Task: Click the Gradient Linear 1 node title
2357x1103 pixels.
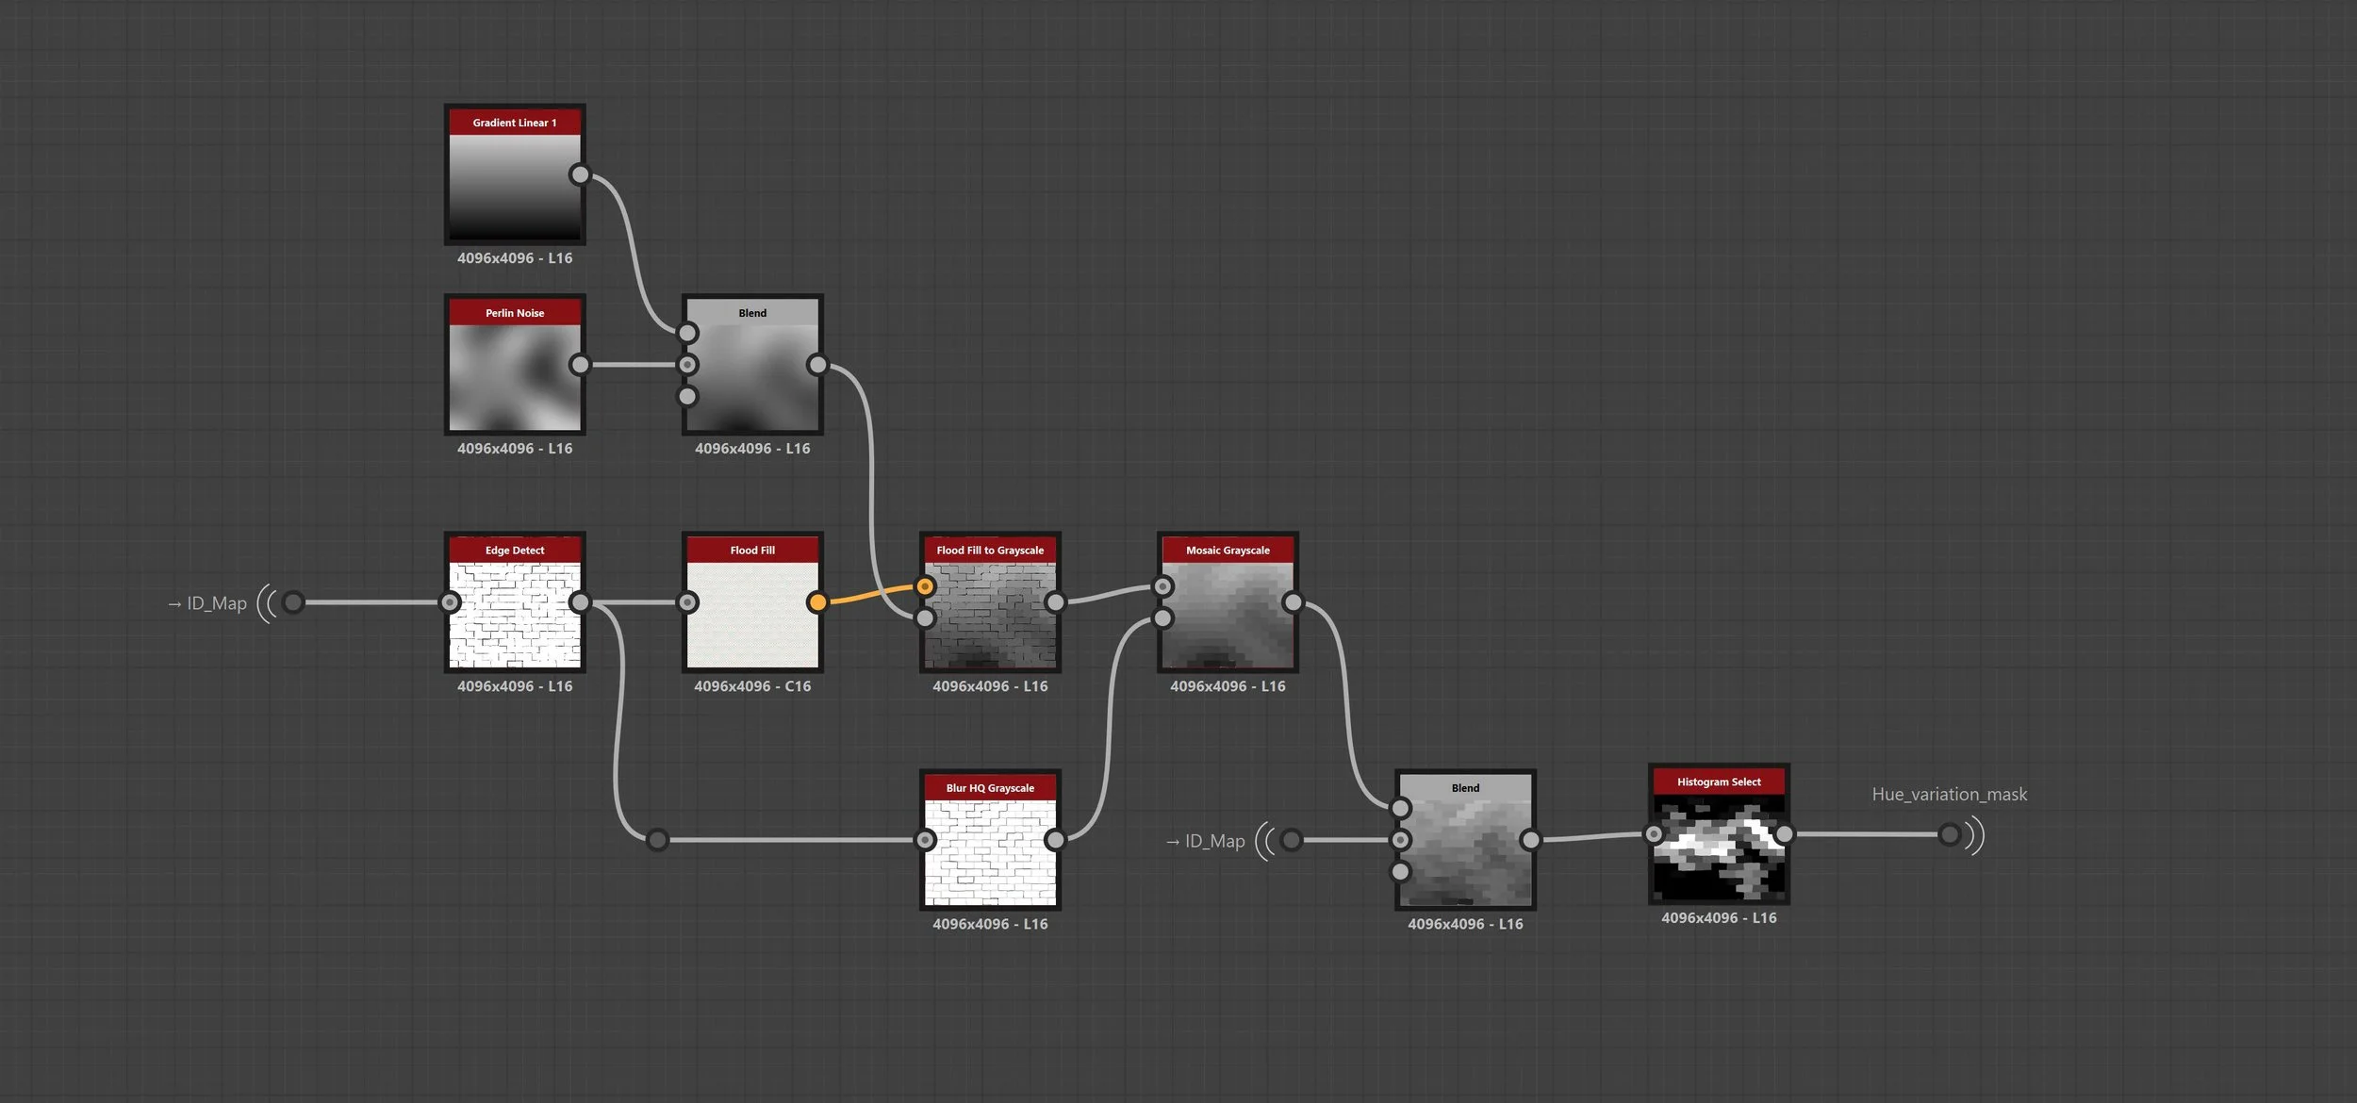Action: (515, 123)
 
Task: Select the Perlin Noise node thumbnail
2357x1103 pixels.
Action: (515, 377)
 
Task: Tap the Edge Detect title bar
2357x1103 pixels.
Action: (515, 550)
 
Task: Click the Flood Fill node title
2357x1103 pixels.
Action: (752, 550)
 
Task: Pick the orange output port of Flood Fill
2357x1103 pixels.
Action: (817, 601)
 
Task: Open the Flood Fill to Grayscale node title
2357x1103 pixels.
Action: (990, 550)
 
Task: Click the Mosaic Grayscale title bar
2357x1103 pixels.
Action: (1228, 550)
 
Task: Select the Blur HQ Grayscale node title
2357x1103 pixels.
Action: (990, 787)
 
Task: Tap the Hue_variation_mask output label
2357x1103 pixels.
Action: (1949, 794)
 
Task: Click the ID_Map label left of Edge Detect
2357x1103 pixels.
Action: (216, 603)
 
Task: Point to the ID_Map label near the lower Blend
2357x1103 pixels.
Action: (1214, 841)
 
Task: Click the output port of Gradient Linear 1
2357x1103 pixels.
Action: (580, 174)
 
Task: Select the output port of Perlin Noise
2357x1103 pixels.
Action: (580, 365)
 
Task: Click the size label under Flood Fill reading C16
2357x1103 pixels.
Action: (752, 686)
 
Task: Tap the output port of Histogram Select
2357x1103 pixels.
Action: (1784, 834)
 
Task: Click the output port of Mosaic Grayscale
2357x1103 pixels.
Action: (1293, 601)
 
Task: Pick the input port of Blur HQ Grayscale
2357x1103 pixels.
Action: (926, 839)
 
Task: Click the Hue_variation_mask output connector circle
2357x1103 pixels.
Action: (1950, 834)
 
